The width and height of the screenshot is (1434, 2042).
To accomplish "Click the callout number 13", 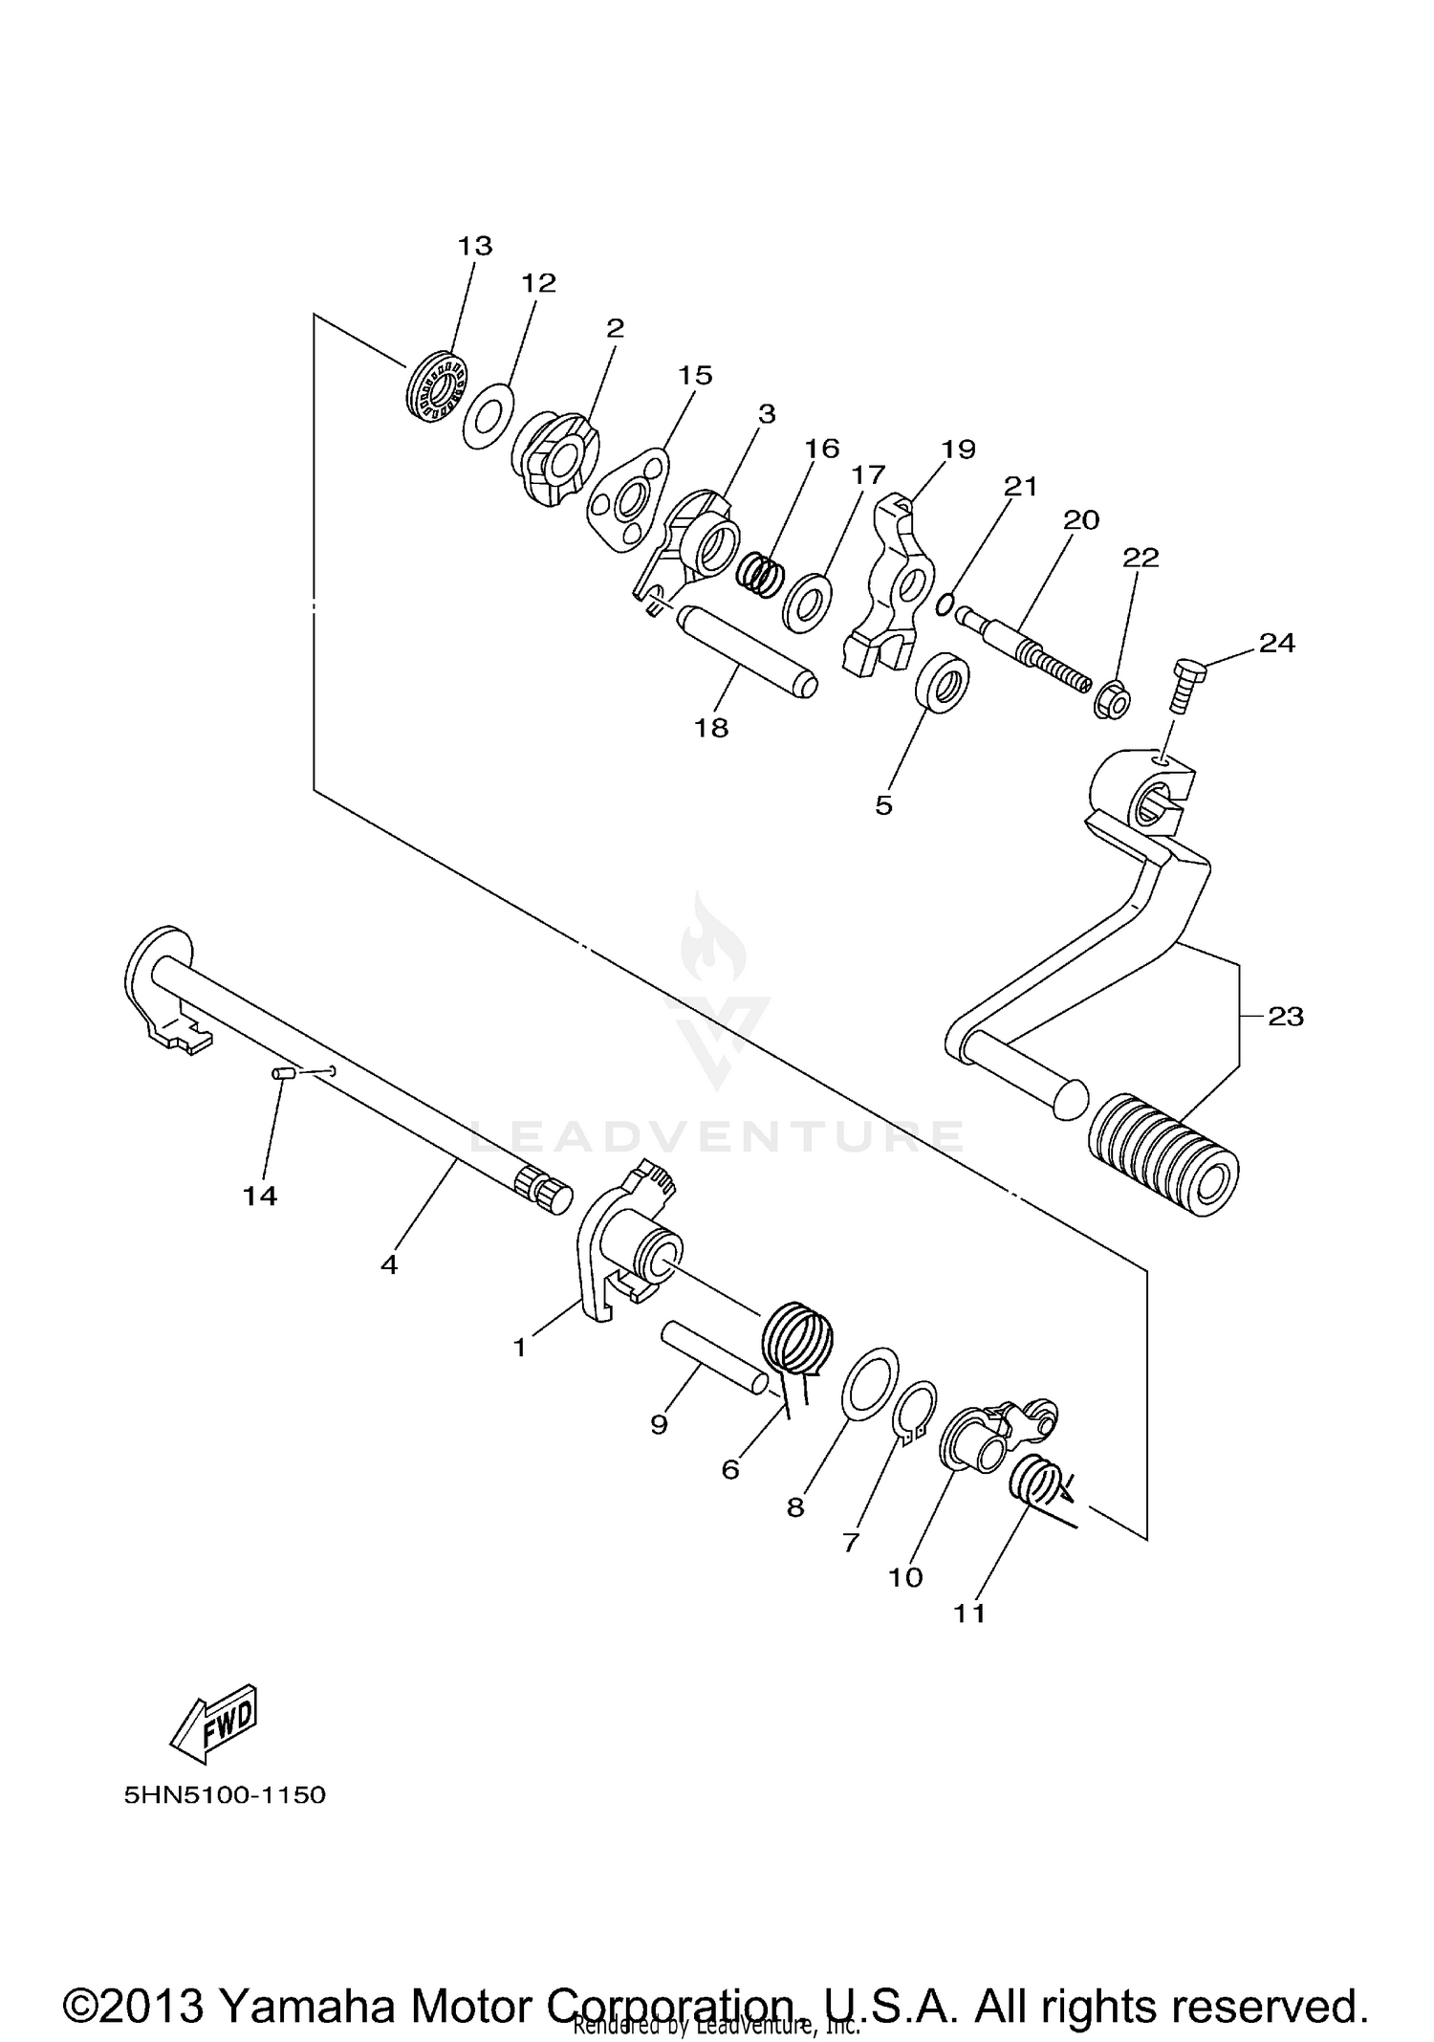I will pyautogui.click(x=474, y=246).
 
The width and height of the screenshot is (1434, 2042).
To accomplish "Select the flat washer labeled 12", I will pyautogui.click(x=487, y=415).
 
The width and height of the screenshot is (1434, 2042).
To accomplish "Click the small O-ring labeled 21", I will pyautogui.click(x=945, y=604).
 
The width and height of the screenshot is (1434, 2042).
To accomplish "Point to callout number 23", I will pyautogui.click(x=1286, y=1016).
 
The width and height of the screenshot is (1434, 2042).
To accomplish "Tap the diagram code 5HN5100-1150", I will pyautogui.click(x=225, y=1794).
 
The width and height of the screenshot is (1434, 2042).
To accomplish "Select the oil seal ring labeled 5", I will pyautogui.click(x=942, y=681).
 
